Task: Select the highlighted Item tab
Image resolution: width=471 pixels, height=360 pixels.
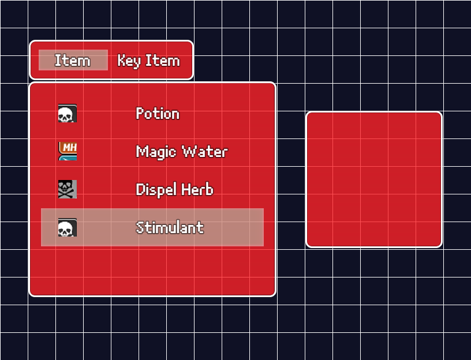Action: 73,60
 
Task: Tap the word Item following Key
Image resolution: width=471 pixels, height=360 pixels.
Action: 163,61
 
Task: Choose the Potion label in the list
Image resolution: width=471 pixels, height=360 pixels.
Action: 158,114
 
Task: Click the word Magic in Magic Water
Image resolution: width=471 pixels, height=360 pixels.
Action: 156,152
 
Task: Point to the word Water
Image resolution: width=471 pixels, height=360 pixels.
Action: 205,151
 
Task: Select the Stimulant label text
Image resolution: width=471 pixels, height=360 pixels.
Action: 170,227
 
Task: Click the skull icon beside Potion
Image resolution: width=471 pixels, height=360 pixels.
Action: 68,113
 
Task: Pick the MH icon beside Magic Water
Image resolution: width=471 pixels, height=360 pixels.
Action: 68,151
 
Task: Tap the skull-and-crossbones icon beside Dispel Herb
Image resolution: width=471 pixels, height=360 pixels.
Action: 68,189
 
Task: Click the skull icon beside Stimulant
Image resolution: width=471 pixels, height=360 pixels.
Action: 68,227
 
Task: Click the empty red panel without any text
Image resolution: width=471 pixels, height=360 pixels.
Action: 374,179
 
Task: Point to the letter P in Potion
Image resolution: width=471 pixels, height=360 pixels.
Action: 140,113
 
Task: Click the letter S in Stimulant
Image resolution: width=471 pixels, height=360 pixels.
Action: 140,227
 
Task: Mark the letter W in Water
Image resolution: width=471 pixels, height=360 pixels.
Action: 189,151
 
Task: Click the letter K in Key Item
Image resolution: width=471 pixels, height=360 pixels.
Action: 121,61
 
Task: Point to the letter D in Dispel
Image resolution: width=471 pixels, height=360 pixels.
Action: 140,189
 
